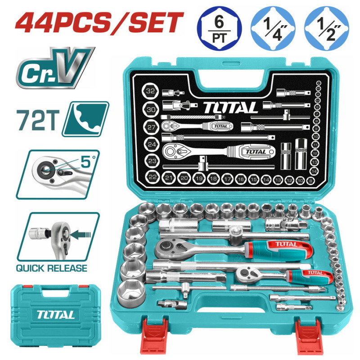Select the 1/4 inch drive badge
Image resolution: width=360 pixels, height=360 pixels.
(x=271, y=27)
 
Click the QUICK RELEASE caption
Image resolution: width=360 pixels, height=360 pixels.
(x=52, y=268)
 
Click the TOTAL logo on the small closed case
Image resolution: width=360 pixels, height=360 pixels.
(x=56, y=315)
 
